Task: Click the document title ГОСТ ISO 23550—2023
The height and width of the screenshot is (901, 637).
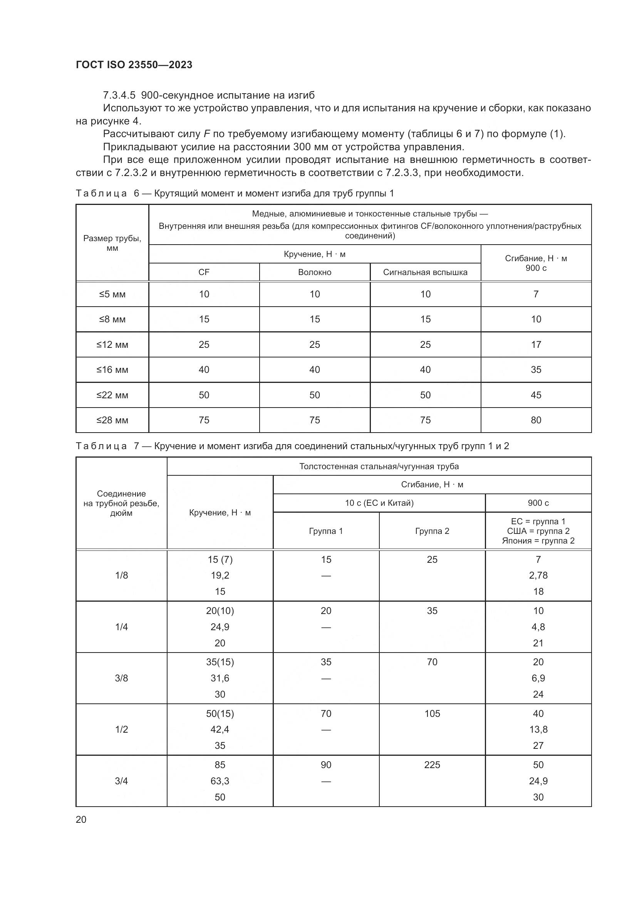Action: pyautogui.click(x=134, y=65)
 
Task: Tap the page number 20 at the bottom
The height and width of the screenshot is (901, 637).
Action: pyautogui.click(x=81, y=819)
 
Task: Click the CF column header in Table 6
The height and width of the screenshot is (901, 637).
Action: pyautogui.click(x=204, y=272)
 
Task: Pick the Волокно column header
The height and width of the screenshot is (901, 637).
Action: pyautogui.click(x=315, y=272)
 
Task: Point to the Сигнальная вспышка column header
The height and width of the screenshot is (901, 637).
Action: pyautogui.click(x=425, y=272)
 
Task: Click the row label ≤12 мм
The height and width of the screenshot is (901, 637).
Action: pyautogui.click(x=112, y=344)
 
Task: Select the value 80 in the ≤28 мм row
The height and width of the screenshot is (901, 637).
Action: pyautogui.click(x=536, y=420)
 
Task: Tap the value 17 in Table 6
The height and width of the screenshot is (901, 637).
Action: pyautogui.click(x=536, y=344)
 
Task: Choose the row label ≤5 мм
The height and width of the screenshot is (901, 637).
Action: pyautogui.click(x=112, y=294)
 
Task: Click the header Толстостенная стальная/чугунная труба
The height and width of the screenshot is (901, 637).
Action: pyautogui.click(x=379, y=466)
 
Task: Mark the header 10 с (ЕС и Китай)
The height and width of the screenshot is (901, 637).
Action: pyautogui.click(x=379, y=503)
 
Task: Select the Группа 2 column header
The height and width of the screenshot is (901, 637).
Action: pyautogui.click(x=432, y=531)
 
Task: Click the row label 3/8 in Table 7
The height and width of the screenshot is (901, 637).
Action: pyautogui.click(x=121, y=678)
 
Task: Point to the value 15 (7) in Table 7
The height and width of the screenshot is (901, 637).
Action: pyautogui.click(x=220, y=560)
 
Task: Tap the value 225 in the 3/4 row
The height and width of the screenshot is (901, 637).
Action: pyautogui.click(x=432, y=765)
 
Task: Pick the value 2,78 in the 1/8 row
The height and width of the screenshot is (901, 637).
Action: pyautogui.click(x=538, y=575)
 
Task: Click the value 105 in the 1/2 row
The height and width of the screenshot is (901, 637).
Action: pyautogui.click(x=432, y=713)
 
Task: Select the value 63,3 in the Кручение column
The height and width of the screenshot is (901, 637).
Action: pyautogui.click(x=220, y=781)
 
